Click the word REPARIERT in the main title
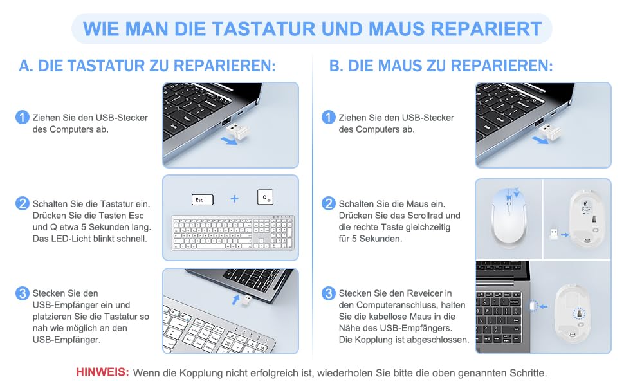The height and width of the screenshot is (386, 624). pos(486,29)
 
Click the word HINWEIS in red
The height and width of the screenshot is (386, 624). pos(102,372)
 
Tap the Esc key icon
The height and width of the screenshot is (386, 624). pos(203,199)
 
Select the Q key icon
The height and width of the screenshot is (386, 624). pos(266,197)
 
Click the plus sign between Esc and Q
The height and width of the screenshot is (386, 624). pos(235,199)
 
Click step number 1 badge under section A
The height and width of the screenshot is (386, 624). pos(23,117)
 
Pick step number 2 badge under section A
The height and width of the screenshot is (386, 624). pos(23,203)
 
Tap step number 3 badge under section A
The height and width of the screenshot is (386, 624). pos(23,293)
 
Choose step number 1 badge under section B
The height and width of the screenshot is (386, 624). pos(328,117)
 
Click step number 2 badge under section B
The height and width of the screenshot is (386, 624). pos(328,203)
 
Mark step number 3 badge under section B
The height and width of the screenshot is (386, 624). pos(328,293)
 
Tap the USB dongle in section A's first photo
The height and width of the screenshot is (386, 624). pos(237,131)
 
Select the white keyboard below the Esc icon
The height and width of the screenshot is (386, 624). pos(233,233)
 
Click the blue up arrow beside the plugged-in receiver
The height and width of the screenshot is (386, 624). pos(236,299)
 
